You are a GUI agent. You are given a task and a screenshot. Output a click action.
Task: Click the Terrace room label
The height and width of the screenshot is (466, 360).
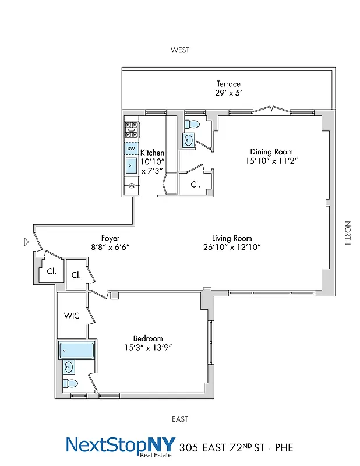point(228,84)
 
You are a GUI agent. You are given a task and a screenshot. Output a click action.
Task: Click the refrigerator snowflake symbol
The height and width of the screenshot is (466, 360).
point(132,186)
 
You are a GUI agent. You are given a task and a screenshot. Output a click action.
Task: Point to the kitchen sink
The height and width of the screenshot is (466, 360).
point(131,165)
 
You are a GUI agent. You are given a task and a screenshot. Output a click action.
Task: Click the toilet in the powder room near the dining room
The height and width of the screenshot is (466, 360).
point(191,123)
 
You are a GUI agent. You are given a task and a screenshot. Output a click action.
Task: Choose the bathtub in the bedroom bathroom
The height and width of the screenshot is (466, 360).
point(76,351)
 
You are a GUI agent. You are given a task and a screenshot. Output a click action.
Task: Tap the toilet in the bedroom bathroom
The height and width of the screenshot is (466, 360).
point(70,383)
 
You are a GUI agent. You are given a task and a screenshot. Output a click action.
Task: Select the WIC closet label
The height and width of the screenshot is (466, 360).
point(72,316)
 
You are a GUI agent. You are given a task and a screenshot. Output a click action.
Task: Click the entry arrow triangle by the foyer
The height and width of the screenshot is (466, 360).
point(26,241)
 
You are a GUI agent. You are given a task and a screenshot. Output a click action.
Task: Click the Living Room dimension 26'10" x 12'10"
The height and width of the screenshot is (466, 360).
point(231,247)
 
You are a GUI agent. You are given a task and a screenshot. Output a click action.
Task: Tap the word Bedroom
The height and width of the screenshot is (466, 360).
point(148,338)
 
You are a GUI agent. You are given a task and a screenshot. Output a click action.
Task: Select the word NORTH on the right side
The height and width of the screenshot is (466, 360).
point(347,232)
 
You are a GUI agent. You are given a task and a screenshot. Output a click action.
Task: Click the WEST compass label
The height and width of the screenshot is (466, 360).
point(180,50)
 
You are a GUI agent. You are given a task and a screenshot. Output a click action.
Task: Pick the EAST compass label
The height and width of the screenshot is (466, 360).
point(180,419)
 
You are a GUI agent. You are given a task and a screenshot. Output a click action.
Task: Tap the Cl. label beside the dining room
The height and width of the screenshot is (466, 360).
point(195,185)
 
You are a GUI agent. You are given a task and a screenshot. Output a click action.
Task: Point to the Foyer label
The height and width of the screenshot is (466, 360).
point(111,238)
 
